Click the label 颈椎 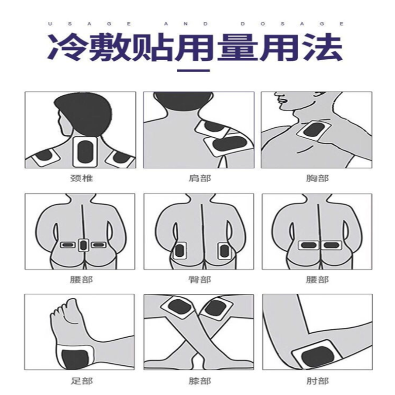[81, 178]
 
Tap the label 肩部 [200, 178]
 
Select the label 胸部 [317, 178]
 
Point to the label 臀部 [200, 279]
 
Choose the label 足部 [81, 381]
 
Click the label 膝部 [200, 381]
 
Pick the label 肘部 [317, 381]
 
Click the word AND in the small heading [186, 24]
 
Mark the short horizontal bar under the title [193, 71]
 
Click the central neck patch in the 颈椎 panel [85, 152]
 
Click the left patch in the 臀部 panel [179, 251]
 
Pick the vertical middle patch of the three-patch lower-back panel [83, 245]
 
